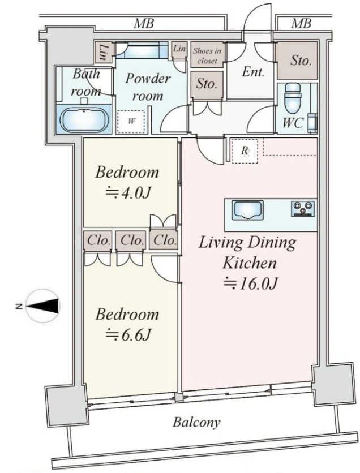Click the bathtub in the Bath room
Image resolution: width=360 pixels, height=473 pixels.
(x=84, y=119)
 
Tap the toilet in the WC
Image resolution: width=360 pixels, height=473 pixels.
(x=293, y=97)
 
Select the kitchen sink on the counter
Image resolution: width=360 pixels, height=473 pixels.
(x=247, y=210)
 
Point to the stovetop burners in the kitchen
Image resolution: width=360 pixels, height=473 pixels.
(x=303, y=209)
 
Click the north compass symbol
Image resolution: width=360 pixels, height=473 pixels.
(x=42, y=306)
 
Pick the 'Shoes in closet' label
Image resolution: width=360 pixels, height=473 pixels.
(x=207, y=56)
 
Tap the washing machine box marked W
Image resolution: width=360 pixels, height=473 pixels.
(x=131, y=122)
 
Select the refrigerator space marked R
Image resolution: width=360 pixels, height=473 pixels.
(x=245, y=150)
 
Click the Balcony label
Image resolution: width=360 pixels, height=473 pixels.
(x=196, y=422)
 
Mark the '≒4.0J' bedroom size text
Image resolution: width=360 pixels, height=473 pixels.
(x=127, y=192)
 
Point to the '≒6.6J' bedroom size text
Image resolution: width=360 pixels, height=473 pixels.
(x=128, y=334)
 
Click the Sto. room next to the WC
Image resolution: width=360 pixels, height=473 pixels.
(x=297, y=61)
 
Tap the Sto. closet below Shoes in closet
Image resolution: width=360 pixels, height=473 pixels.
(x=207, y=85)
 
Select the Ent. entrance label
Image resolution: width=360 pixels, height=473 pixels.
(x=253, y=72)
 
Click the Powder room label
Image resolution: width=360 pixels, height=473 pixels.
(x=148, y=87)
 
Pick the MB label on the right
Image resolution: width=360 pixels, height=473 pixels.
(x=301, y=23)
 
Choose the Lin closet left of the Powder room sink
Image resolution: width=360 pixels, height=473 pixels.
(x=104, y=52)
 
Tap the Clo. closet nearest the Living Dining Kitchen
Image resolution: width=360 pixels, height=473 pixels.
(x=165, y=240)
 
